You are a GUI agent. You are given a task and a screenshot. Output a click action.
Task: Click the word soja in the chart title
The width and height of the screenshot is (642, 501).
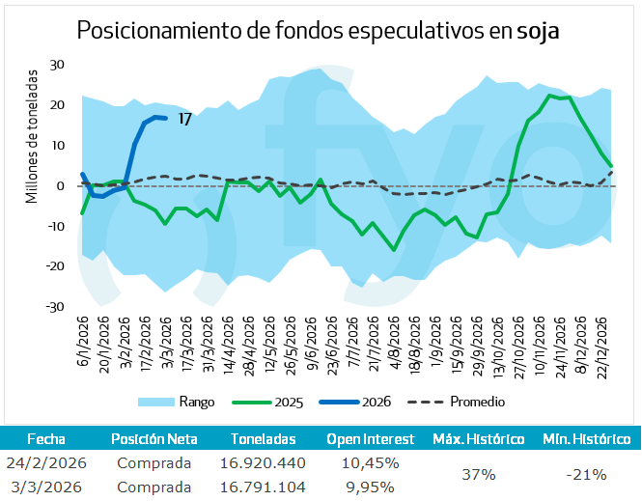click(x=539, y=31)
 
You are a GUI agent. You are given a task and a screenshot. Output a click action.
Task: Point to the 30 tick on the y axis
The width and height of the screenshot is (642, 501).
click(x=58, y=65)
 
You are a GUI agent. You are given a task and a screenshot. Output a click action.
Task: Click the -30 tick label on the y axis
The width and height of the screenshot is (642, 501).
click(x=55, y=307)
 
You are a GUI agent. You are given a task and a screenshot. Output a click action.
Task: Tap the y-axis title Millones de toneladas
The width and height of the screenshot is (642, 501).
click(x=32, y=136)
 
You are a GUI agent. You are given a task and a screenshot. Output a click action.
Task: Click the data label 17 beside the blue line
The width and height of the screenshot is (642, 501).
click(x=185, y=120)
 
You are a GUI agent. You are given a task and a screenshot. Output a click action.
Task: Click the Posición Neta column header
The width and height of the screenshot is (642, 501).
click(x=154, y=438)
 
